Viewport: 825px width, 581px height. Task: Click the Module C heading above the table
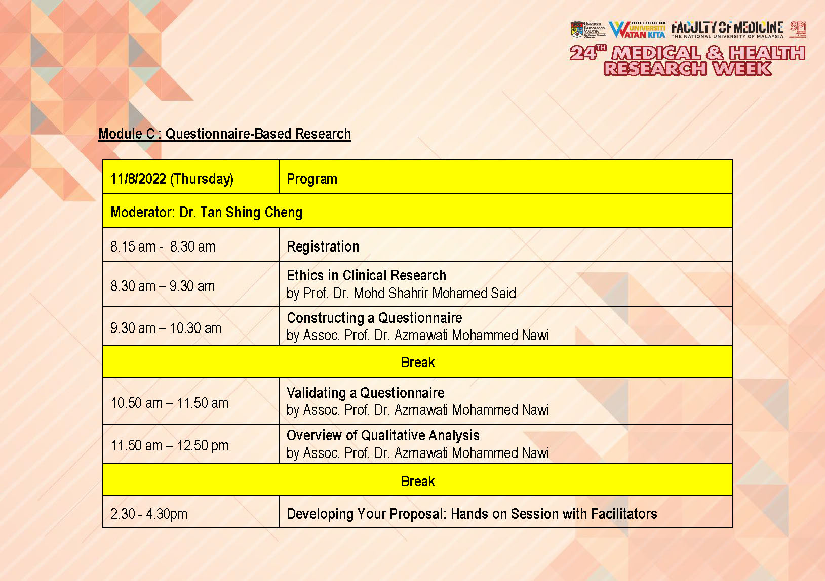click(x=224, y=134)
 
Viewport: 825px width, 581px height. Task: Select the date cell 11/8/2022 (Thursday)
click(x=172, y=179)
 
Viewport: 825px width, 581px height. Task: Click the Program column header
click(x=312, y=179)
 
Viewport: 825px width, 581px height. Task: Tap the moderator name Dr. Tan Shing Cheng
click(x=241, y=212)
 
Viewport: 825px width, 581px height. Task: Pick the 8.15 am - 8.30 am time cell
click(x=163, y=246)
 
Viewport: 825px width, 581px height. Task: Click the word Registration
click(x=323, y=246)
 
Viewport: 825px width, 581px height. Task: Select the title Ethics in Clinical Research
click(x=366, y=275)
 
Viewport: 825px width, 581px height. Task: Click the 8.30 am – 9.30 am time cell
click(x=163, y=286)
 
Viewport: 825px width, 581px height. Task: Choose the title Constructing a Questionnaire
click(x=374, y=318)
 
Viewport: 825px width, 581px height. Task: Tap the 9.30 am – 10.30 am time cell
click(x=166, y=328)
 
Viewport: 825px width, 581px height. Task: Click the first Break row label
click(x=417, y=362)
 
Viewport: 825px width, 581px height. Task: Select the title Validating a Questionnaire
click(x=365, y=393)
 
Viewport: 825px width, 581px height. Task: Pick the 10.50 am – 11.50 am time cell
click(x=169, y=403)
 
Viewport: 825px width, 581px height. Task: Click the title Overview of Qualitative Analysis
click(x=383, y=435)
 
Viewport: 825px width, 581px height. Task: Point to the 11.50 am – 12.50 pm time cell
click(x=169, y=445)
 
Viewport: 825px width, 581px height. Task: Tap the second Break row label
click(x=417, y=481)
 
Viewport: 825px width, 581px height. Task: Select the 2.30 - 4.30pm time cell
click(x=149, y=514)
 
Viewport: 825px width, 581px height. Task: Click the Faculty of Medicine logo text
click(x=727, y=29)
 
